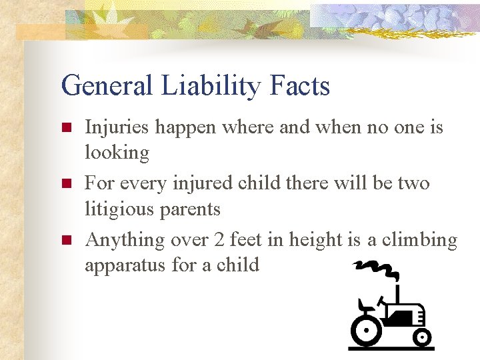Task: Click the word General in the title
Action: (107, 86)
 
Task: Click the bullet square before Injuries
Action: (65, 127)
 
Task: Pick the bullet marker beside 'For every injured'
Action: (65, 183)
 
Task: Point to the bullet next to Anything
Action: (65, 240)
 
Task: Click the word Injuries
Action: (116, 127)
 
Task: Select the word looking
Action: (117, 153)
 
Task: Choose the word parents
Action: (189, 209)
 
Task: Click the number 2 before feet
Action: (219, 239)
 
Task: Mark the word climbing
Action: (417, 239)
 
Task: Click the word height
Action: (319, 239)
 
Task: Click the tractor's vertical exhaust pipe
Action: (397, 293)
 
